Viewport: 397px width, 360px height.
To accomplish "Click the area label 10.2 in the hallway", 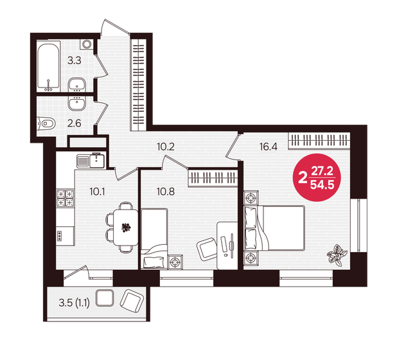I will pos(166,146).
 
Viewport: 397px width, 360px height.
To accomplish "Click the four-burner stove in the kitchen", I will pos(66,198).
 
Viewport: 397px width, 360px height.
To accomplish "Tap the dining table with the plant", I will pos(125,226).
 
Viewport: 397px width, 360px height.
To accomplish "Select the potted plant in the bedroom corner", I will pos(337,255).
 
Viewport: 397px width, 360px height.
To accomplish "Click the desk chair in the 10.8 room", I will pos(206,246).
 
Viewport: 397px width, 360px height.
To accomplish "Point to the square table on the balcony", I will pos(103,298).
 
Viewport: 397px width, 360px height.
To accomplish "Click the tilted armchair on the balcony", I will pos(132,301).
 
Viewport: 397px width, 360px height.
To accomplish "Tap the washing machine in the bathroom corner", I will pos(85,44).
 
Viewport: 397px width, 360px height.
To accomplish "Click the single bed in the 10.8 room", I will pos(154,238).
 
